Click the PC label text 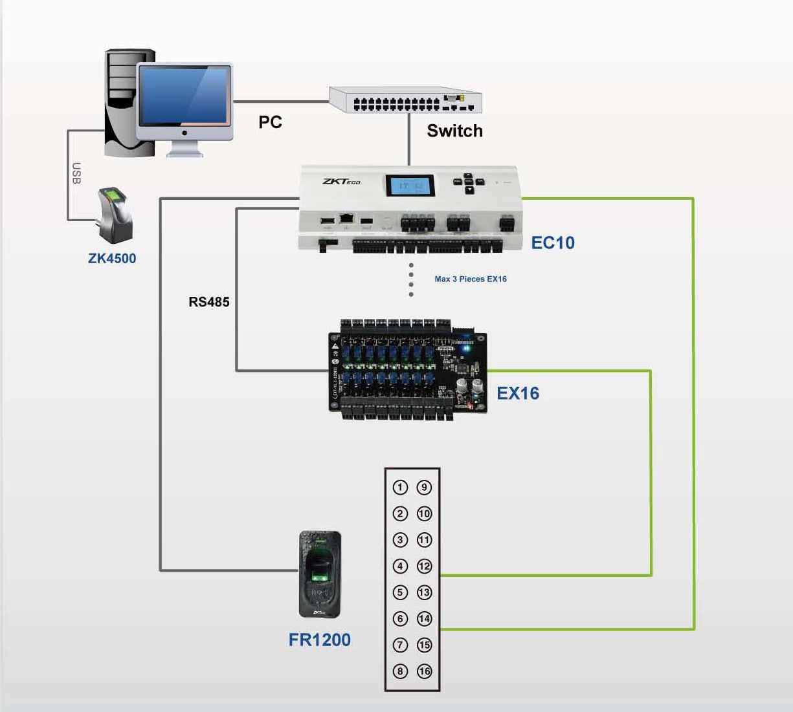click(x=270, y=122)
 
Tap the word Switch click(x=454, y=131)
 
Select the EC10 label click(x=552, y=243)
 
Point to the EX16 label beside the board click(x=517, y=393)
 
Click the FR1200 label click(x=319, y=640)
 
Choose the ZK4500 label click(x=112, y=259)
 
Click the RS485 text click(x=208, y=302)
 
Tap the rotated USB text click(x=76, y=173)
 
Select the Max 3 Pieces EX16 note click(x=471, y=279)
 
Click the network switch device click(x=405, y=100)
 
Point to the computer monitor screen click(x=184, y=95)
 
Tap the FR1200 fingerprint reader click(x=320, y=574)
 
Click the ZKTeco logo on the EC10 click(x=341, y=181)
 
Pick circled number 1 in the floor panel click(x=400, y=488)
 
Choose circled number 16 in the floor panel click(x=424, y=671)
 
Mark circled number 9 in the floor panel click(x=424, y=488)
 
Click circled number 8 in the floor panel click(x=400, y=671)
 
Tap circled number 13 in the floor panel click(x=424, y=592)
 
